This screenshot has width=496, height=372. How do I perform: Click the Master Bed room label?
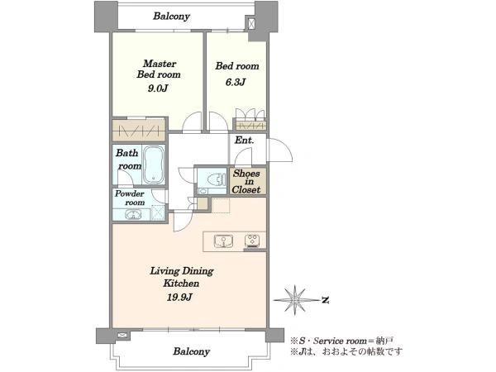click(x=159, y=69)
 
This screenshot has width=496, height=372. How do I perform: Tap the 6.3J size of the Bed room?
click(x=236, y=82)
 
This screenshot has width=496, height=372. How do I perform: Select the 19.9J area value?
click(x=179, y=297)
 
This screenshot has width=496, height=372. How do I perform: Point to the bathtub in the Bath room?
click(x=154, y=165)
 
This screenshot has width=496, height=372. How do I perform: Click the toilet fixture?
click(x=214, y=180)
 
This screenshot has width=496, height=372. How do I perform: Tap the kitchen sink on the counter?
click(x=223, y=241)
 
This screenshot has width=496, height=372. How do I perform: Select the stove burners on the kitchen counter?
click(x=252, y=241)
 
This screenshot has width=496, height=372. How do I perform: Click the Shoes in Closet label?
click(x=246, y=182)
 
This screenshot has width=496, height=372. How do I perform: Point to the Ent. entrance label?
click(x=244, y=141)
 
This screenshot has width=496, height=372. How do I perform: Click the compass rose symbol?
click(x=295, y=300)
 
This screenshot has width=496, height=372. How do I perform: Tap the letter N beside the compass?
click(x=325, y=300)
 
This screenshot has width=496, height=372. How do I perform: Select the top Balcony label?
click(x=171, y=17)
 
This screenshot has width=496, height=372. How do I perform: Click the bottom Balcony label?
click(x=192, y=351)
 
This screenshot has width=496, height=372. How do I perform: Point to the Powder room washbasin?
click(x=133, y=215)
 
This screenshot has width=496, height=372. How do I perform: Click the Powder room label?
click(x=130, y=198)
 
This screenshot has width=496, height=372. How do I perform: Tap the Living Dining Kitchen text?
click(x=182, y=277)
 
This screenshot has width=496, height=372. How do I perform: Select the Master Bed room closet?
click(x=139, y=130)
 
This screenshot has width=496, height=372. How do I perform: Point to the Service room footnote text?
click(x=342, y=341)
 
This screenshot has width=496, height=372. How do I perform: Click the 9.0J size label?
click(x=158, y=88)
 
